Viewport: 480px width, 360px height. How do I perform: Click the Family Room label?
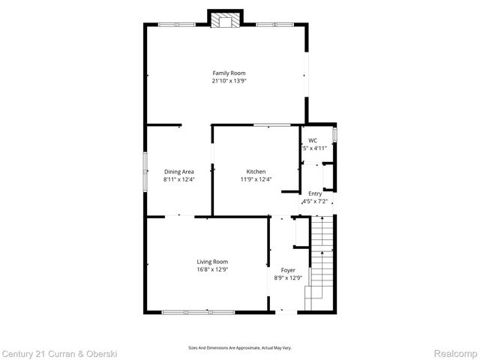coord(229,73)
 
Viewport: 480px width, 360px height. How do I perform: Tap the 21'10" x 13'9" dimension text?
coord(229,80)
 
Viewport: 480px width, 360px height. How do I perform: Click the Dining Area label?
coord(178,172)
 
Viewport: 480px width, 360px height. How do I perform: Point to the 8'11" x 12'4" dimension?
coord(178,179)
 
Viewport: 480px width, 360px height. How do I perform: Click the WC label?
coord(313,140)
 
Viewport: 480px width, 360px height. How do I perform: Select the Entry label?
coord(314,193)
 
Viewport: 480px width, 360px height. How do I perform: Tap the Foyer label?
coord(288,270)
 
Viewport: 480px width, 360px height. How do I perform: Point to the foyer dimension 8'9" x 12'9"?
coord(288,278)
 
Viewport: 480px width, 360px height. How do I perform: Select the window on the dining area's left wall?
coord(145,172)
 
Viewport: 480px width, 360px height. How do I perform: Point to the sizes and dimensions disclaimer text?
coord(239,347)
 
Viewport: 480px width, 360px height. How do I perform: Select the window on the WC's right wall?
coord(335,135)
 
